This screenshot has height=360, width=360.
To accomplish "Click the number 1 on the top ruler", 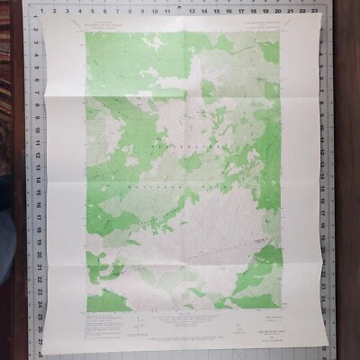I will [x=42, y=12].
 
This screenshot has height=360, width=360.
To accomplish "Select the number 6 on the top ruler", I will [x=106, y=12].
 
